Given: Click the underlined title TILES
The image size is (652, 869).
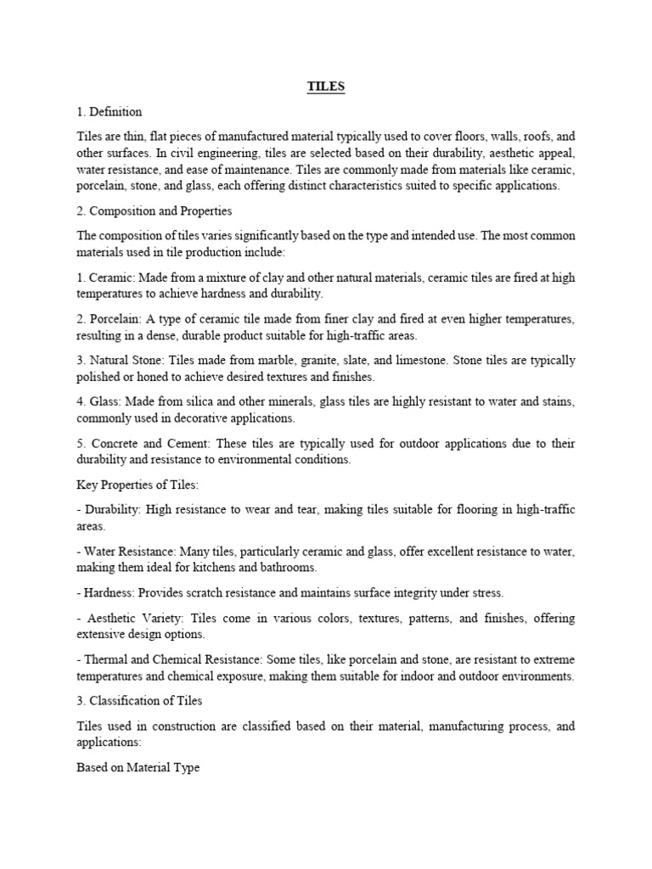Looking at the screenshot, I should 326,87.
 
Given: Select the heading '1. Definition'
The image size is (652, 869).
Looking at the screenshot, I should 110,111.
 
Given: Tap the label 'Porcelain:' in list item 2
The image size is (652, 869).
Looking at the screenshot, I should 119,318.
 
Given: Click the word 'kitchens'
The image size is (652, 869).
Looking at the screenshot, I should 238,568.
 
